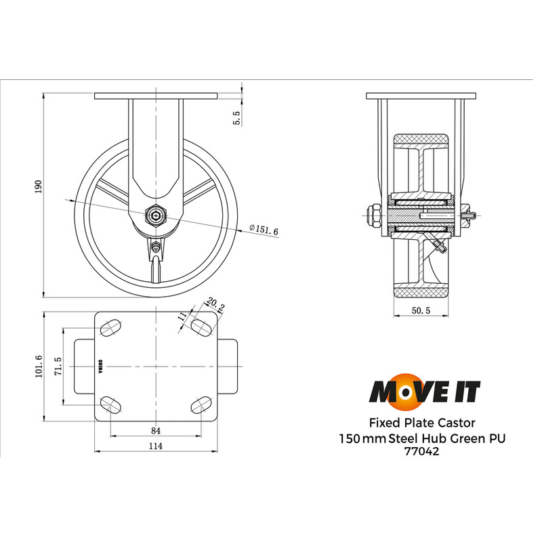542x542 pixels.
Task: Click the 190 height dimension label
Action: click(x=39, y=186)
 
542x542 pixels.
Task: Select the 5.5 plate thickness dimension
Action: click(x=236, y=119)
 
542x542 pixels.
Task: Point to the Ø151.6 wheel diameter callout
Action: click(x=264, y=230)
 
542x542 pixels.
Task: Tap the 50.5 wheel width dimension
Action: click(x=421, y=310)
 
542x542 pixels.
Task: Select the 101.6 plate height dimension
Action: click(x=39, y=366)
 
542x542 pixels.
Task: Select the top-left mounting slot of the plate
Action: click(x=110, y=329)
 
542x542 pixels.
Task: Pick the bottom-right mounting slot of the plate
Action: click(x=201, y=404)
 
